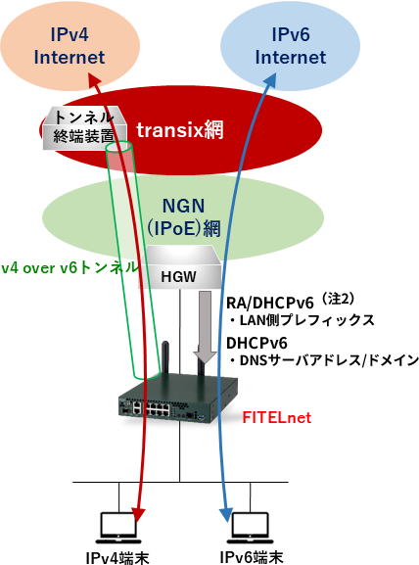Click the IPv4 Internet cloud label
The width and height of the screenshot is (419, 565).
[70, 46]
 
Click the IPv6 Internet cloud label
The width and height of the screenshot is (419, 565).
[291, 46]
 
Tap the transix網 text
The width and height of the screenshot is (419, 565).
[180, 129]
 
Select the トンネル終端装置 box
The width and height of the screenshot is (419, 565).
[84, 127]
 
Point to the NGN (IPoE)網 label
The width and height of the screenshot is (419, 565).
[183, 217]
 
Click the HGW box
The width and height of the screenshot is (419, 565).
[179, 267]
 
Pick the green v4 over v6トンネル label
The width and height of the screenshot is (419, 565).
[70, 267]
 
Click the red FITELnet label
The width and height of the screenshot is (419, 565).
[276, 417]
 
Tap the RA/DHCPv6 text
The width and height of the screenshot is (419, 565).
[270, 304]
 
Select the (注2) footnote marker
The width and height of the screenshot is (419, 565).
[339, 299]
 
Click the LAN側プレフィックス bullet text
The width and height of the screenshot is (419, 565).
[303, 320]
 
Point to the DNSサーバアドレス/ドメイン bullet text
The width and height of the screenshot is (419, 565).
[324, 360]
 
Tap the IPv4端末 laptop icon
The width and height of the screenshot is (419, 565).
[118, 528]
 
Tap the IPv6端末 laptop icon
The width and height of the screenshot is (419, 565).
[250, 528]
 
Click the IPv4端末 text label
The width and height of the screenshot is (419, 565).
[117, 557]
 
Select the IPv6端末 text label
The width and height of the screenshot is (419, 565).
[252, 557]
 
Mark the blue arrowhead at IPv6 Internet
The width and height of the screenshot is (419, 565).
[271, 79]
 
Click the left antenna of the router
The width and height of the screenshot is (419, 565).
[164, 359]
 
